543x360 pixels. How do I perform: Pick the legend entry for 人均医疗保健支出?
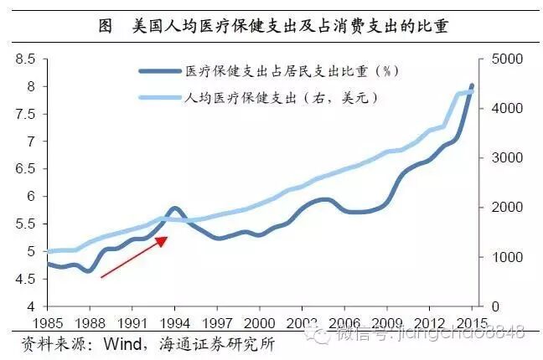click(x=282, y=97)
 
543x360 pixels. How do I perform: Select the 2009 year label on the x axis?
click(x=387, y=321)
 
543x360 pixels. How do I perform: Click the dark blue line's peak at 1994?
click(x=173, y=208)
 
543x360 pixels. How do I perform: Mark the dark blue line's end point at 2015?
click(x=473, y=85)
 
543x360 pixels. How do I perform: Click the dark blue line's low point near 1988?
click(x=89, y=270)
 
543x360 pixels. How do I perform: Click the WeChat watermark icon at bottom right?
click(x=318, y=335)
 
